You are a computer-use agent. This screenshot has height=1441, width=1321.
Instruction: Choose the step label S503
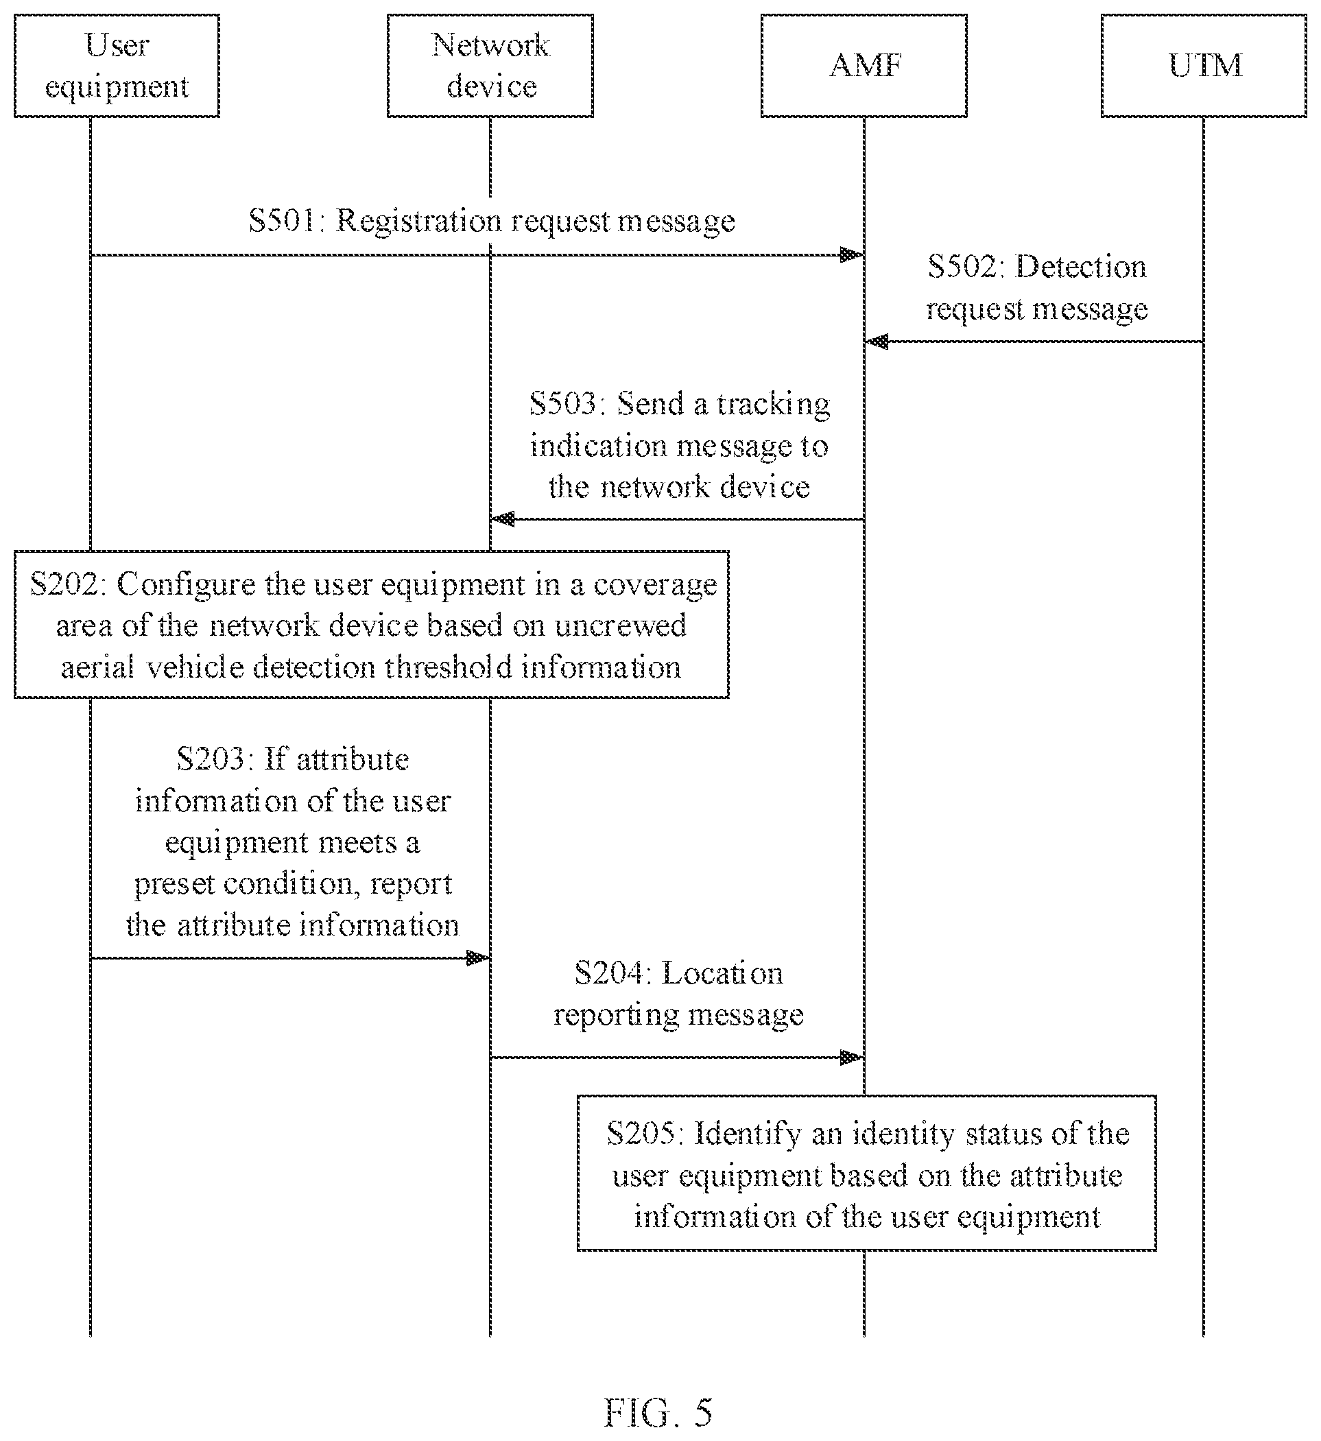569,404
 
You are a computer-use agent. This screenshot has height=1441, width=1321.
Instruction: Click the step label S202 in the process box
69,584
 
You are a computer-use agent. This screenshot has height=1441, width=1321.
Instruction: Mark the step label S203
215,759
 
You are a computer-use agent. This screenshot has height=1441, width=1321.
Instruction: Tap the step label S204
613,973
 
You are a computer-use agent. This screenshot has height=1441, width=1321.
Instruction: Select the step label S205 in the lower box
645,1134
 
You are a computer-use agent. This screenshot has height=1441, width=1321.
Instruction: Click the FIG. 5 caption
658,1412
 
